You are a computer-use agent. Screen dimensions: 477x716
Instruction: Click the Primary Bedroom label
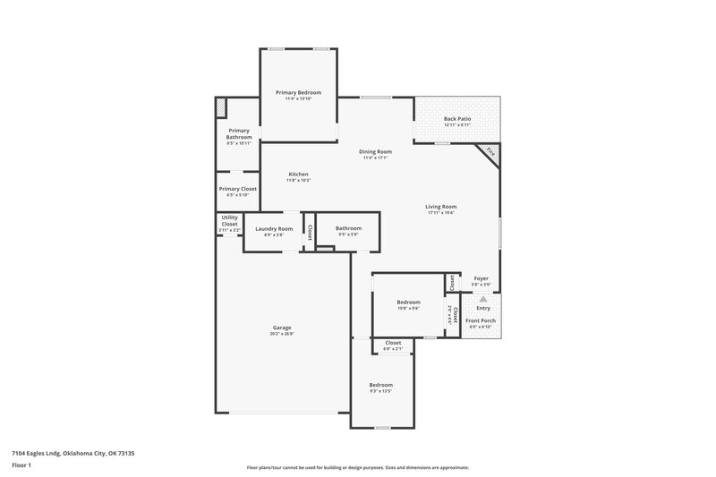298,92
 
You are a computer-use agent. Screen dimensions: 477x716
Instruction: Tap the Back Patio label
457,118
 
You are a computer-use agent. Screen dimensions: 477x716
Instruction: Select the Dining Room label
375,151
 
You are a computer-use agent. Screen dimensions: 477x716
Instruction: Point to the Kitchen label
298,174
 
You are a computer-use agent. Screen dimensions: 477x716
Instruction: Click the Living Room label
441,206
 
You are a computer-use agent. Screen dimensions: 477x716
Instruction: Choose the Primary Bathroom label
239,133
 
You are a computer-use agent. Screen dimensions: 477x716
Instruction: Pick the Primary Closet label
238,189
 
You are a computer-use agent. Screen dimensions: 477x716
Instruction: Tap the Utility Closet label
230,221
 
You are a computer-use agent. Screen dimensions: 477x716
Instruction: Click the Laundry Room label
274,228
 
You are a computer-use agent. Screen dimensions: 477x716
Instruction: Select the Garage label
282,328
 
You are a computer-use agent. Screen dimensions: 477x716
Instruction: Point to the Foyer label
481,278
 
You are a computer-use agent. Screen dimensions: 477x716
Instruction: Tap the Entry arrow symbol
482,300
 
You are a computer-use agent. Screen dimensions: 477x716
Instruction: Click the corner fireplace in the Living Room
490,153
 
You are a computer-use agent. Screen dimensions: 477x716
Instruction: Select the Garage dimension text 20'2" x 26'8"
282,334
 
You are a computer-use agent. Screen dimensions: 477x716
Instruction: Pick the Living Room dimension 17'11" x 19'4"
441,213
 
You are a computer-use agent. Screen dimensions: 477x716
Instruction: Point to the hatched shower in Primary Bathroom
221,107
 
